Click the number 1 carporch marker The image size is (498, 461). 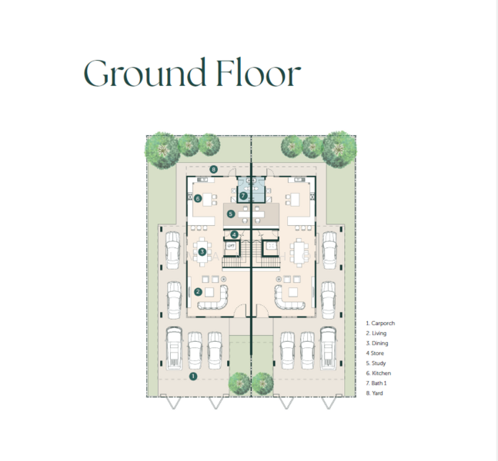click(x=193, y=376)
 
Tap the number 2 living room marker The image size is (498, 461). click(x=198, y=292)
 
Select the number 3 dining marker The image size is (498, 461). click(x=202, y=252)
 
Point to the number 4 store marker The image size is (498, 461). click(x=234, y=234)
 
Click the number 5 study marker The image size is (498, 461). click(x=231, y=214)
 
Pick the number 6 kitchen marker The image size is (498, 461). click(x=198, y=199)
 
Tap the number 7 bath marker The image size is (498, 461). click(x=243, y=196)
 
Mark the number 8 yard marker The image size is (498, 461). click(x=214, y=170)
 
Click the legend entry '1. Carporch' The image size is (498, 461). click(x=380, y=323)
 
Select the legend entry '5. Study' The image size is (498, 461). click(x=376, y=363)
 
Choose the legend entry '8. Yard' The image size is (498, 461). click(x=374, y=393)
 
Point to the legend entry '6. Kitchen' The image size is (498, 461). click(x=378, y=373)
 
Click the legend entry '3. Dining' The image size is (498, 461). click(x=377, y=343)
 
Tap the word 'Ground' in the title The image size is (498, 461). click(x=145, y=72)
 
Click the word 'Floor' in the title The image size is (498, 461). click(x=259, y=72)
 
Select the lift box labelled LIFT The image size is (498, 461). click(x=231, y=246)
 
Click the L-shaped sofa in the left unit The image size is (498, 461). click(x=213, y=298)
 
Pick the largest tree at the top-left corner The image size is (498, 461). click(x=163, y=151)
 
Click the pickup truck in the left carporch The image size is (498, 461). click(x=174, y=349)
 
